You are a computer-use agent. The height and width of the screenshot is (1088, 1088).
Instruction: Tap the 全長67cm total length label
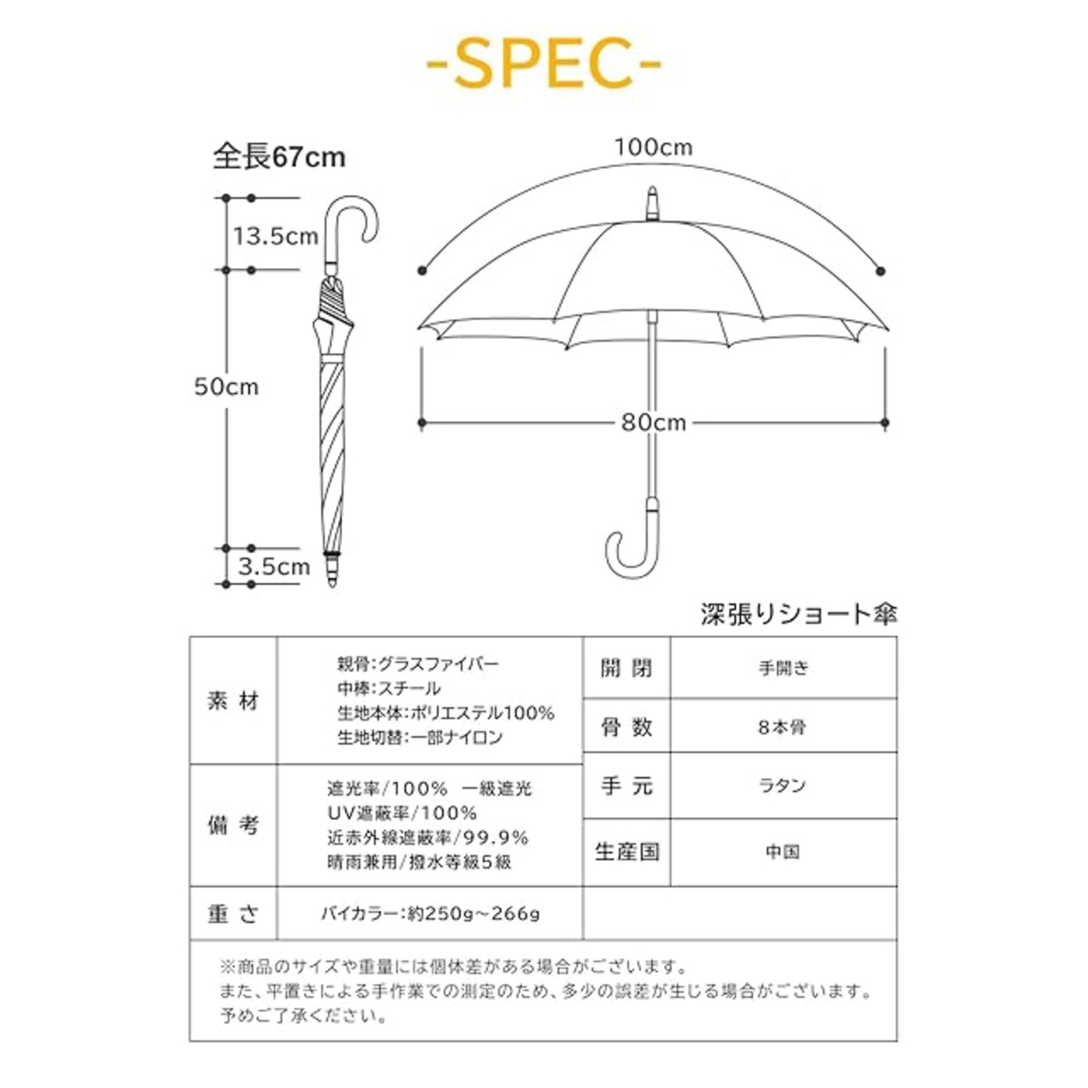point(278,157)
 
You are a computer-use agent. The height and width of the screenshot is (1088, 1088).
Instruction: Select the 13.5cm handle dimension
point(275,236)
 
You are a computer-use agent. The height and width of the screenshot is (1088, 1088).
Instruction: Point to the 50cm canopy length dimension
point(226,387)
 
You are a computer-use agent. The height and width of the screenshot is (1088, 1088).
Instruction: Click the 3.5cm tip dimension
point(274,566)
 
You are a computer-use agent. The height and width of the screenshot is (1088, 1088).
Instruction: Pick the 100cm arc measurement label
point(654,147)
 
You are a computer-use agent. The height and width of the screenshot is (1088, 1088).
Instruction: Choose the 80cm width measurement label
point(654,422)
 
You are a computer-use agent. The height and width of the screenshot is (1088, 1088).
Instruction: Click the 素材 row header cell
point(233,701)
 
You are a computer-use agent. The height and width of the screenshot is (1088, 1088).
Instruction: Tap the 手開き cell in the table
point(784,668)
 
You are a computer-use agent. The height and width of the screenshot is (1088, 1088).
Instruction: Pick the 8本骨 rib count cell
point(784,728)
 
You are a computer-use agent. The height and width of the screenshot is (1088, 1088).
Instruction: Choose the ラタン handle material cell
point(784,785)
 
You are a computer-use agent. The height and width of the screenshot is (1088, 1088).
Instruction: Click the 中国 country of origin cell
point(784,852)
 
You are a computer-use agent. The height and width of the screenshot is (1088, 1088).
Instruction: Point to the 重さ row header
point(233,914)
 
